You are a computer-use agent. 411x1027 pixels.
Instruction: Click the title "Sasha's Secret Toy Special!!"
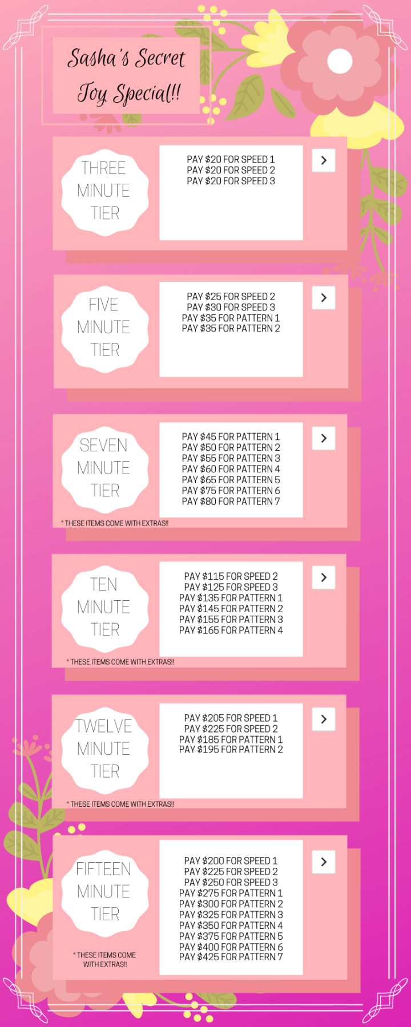126,76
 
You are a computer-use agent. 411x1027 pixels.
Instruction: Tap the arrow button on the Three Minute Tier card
324,160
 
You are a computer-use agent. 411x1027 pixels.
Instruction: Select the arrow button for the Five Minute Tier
324,298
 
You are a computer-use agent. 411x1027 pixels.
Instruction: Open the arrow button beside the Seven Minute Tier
324,438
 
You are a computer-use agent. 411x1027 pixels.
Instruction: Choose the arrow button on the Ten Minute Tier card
324,577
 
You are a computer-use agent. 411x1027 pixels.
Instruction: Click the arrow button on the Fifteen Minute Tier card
324,862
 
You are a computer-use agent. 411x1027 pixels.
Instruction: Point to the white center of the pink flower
340,61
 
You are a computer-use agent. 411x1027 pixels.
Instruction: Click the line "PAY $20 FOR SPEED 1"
231,160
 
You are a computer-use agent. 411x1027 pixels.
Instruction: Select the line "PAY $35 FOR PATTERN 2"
231,329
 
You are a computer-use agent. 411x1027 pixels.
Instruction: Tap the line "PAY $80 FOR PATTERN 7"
231,502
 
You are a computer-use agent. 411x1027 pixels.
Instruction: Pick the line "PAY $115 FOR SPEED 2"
231,576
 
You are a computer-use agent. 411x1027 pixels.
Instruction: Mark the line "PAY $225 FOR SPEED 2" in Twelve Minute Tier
231,729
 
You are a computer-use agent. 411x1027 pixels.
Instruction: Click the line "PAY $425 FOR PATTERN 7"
231,957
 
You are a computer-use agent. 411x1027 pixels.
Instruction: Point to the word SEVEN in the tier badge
103,445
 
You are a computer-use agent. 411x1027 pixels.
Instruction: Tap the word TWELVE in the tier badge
103,726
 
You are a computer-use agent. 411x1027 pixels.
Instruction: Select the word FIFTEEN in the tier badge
103,869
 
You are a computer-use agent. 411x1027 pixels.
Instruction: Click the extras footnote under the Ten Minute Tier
120,662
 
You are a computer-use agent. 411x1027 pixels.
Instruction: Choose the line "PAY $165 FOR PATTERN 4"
231,630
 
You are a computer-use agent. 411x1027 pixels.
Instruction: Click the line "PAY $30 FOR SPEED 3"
231,307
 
